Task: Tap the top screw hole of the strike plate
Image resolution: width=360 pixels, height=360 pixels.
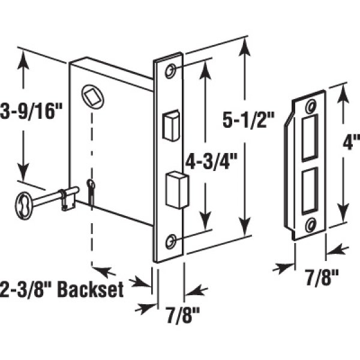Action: pos(310,107)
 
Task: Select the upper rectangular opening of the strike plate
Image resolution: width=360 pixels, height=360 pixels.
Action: pos(311,139)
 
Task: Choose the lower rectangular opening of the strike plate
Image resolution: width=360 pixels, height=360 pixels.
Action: pos(310,191)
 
